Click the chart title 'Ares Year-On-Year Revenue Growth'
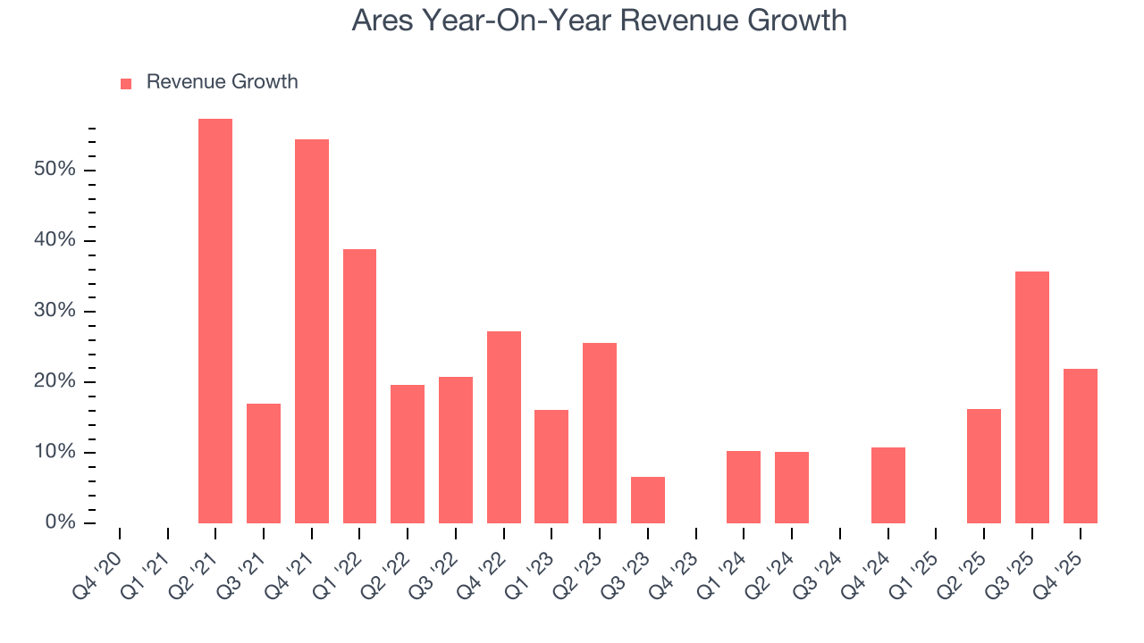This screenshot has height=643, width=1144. point(599,20)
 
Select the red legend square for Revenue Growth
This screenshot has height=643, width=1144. point(126,83)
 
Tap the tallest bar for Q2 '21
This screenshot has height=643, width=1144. point(215,321)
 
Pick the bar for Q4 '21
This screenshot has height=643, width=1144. point(312,330)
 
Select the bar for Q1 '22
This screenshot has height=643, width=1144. point(359,386)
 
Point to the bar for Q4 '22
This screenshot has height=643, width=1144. point(504,427)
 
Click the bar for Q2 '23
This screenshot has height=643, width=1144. point(600,432)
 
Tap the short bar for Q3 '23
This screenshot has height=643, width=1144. point(648,500)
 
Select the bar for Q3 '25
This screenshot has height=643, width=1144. point(1032,397)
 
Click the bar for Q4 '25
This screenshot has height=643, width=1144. point(1081,446)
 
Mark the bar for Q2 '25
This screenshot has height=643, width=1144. point(984,465)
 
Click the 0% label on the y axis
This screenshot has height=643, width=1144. point(62,522)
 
